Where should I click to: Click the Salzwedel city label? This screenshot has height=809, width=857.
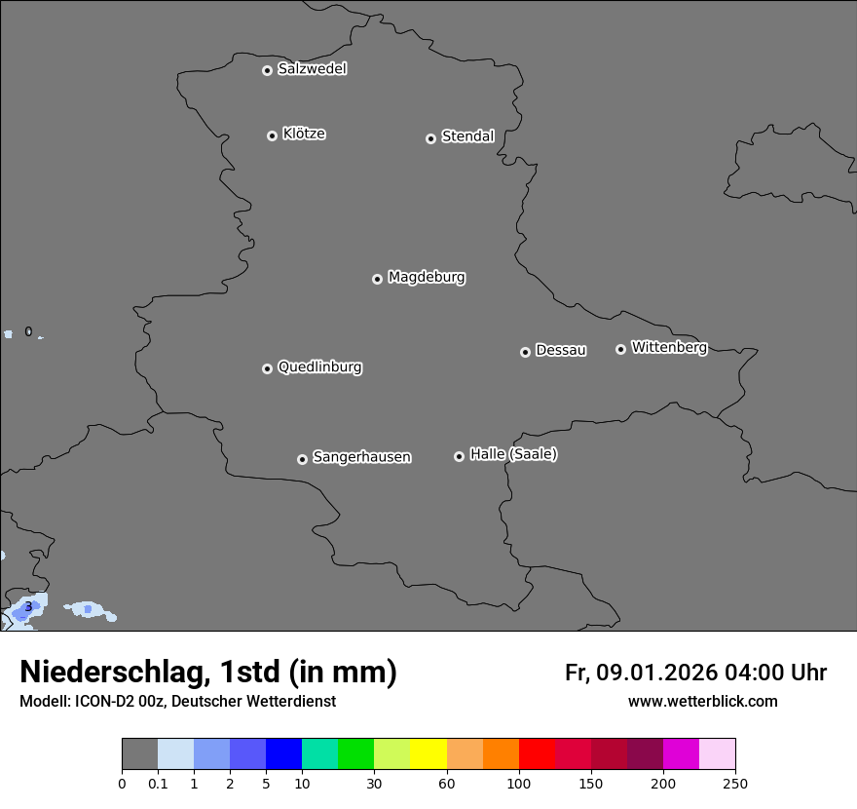pos(312,69)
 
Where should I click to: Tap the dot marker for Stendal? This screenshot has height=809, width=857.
pos(430,138)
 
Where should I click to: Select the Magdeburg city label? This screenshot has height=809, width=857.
pos(427,278)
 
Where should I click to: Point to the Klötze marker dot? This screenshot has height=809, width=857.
pos(272,135)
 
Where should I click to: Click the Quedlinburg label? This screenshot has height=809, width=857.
pos(319,367)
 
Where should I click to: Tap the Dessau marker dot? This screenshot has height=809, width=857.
pos(525,352)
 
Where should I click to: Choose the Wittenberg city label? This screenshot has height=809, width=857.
pos(669,347)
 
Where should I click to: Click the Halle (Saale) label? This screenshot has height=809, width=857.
pos(513,454)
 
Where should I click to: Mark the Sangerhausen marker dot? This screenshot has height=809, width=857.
pos(302,459)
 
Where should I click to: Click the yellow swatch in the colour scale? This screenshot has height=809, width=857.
pos(428,754)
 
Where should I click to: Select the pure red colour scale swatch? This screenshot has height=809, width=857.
pos(537,754)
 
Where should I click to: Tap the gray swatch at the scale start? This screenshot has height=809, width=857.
pos(139,754)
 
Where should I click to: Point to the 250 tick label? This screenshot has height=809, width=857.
pos(735,783)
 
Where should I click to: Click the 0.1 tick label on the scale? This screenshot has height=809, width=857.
pos(158,783)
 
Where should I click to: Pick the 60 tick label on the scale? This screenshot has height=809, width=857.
pos(447,783)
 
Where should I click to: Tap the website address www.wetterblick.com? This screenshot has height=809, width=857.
pos(702,701)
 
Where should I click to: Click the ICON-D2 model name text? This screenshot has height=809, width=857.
pos(103,701)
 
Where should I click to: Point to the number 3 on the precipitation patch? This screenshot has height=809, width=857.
pos(28,607)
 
